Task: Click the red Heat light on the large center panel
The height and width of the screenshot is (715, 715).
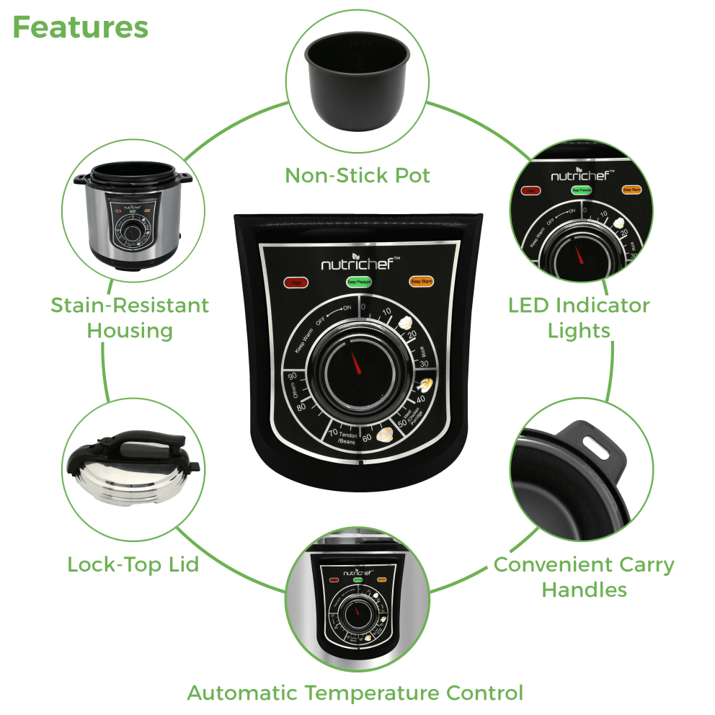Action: pos(294,283)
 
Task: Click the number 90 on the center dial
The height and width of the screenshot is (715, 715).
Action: pos(293,377)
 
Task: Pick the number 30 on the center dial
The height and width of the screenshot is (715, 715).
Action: pos(424,364)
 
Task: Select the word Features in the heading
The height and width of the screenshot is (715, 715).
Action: pos(80,27)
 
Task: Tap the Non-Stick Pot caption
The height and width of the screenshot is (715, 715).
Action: pos(357,175)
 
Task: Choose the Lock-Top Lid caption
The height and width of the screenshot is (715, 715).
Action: pos(133,564)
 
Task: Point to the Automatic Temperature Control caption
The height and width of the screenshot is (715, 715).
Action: pos(355,693)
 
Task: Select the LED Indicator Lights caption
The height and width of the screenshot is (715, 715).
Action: pos(579,317)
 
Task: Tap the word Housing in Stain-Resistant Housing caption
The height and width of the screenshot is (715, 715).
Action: pos(130,331)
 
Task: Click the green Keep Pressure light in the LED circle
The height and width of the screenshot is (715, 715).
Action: pos(581,191)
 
